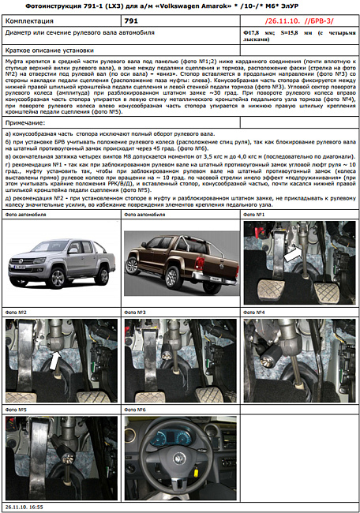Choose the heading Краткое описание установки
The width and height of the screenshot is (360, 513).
[47, 48]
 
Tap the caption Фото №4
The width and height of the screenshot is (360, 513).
[256, 313]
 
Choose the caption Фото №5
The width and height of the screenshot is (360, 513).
[17, 410]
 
